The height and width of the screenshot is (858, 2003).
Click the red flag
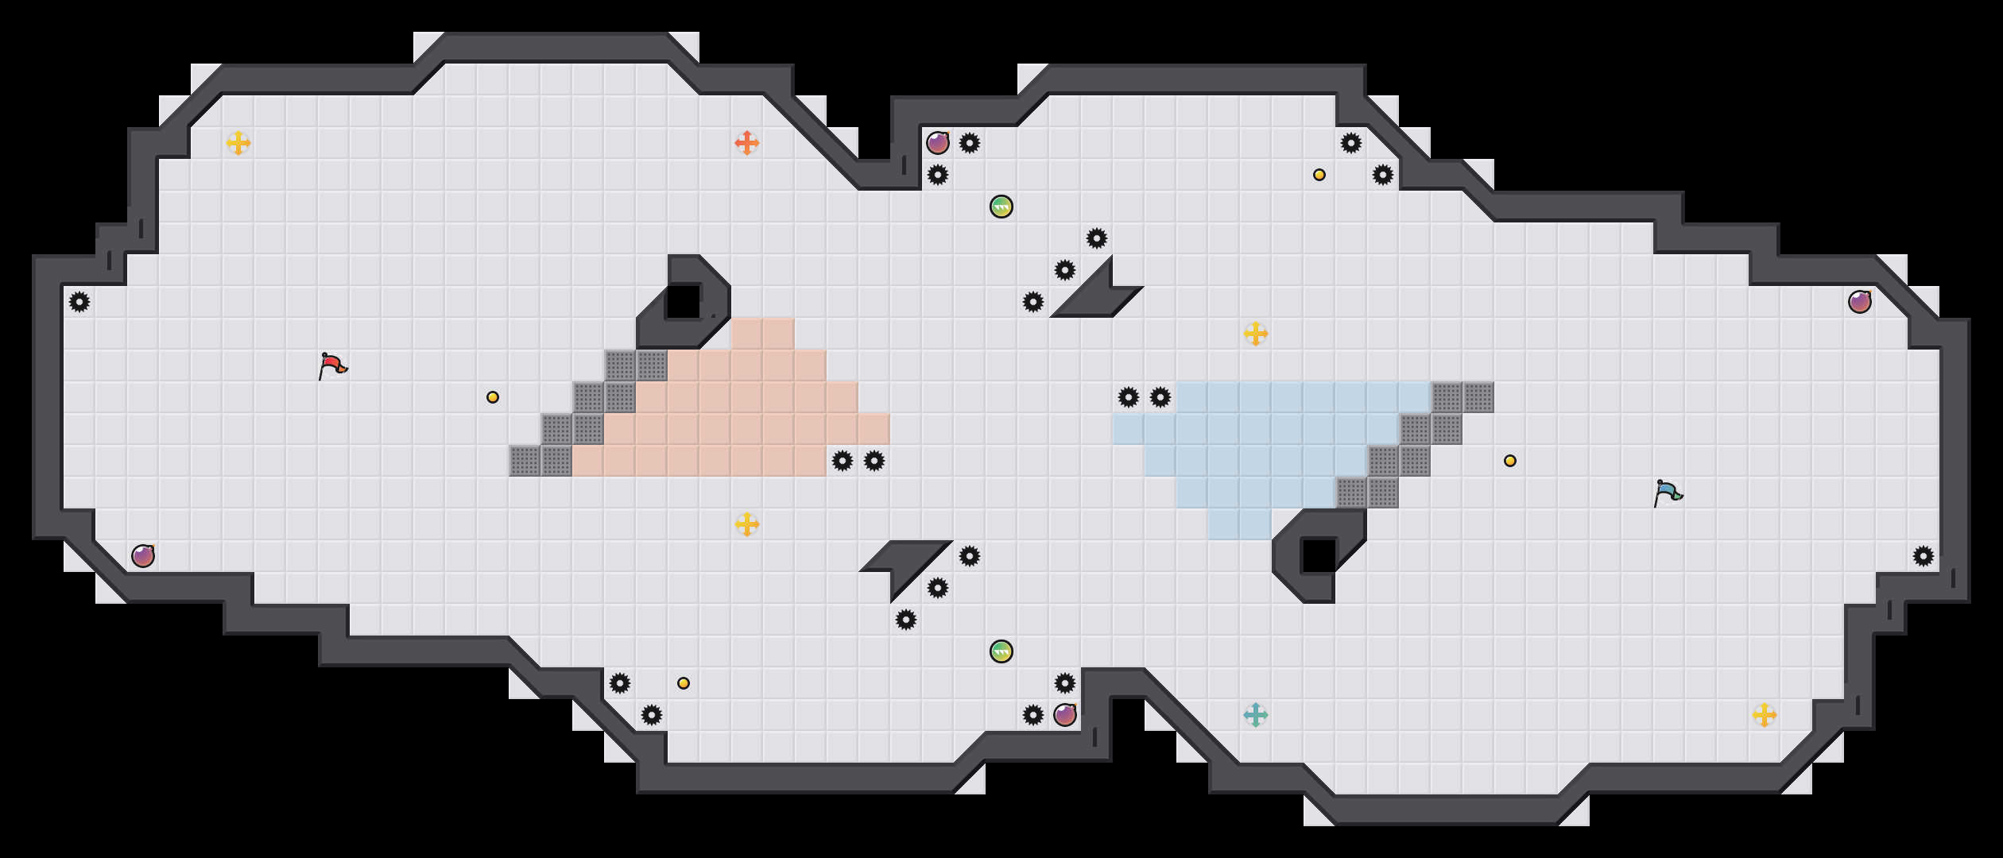(x=332, y=366)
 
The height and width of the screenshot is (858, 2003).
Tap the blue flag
(x=1668, y=493)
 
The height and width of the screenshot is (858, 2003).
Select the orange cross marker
(x=746, y=143)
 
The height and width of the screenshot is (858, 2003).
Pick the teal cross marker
(x=1255, y=715)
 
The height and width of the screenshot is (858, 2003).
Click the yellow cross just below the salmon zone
(x=746, y=524)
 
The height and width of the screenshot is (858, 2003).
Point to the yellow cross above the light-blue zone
(x=1255, y=334)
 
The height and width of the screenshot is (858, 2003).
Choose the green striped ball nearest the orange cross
(x=1001, y=207)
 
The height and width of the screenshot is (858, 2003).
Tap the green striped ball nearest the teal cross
(x=1001, y=651)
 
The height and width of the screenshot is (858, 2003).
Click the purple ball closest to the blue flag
(x=1860, y=302)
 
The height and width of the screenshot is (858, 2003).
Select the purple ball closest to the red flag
(x=143, y=556)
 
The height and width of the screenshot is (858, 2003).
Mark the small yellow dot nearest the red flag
(x=493, y=397)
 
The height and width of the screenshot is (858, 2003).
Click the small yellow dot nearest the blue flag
(x=1510, y=461)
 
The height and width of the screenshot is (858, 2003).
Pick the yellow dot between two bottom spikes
(x=684, y=683)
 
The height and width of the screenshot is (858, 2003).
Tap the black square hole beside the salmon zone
(x=683, y=302)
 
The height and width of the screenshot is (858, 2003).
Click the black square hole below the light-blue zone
(x=1319, y=556)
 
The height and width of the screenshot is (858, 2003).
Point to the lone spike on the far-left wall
(x=79, y=302)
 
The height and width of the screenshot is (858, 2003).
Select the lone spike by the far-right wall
(x=1924, y=556)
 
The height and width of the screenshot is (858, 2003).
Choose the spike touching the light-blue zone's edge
(x=1160, y=397)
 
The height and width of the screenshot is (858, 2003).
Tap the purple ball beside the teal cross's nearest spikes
(x=1065, y=715)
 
